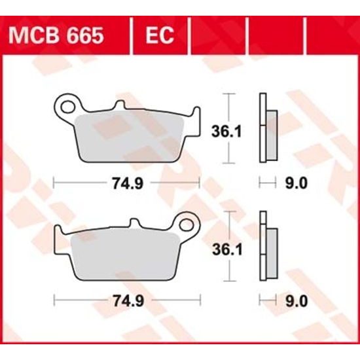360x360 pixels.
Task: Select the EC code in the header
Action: [x=159, y=35]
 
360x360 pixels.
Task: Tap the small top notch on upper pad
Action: [x=120, y=106]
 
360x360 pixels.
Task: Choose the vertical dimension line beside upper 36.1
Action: [x=228, y=128]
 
